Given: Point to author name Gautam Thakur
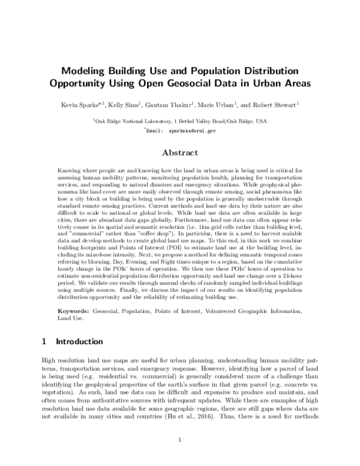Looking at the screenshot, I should [x=170, y=105].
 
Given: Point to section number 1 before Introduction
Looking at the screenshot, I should [x=44, y=341].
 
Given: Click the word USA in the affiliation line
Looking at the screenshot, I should [x=261, y=121].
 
